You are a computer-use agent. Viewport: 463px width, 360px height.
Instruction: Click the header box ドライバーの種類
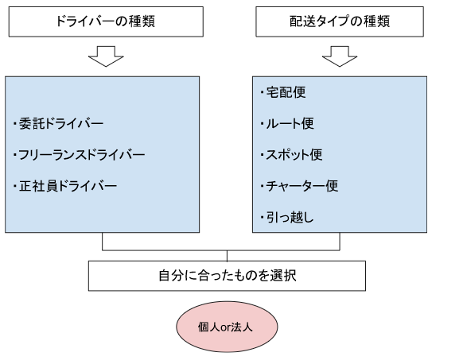[106, 21]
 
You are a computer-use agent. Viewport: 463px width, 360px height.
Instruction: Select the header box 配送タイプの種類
[340, 21]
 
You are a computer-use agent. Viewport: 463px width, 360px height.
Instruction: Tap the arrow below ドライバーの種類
[106, 56]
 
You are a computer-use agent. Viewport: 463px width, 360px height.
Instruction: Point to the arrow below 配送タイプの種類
[340, 56]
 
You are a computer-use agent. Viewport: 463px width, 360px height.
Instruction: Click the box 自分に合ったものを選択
[227, 276]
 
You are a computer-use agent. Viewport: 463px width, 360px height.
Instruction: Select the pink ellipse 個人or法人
[227, 327]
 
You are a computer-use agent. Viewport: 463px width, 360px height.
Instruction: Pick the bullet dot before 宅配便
[262, 92]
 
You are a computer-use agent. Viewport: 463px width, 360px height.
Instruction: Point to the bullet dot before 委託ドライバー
[14, 123]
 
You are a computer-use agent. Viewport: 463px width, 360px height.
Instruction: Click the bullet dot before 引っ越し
[262, 218]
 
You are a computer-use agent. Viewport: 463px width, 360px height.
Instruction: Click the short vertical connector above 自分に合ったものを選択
[227, 256]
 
